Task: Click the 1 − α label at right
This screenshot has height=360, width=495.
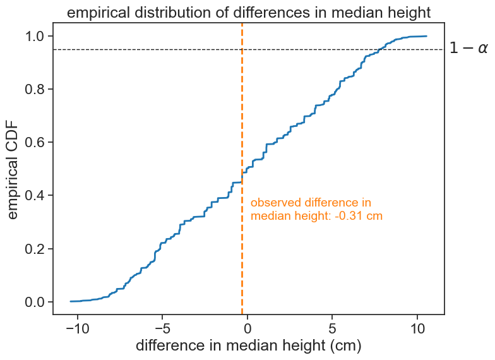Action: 468,49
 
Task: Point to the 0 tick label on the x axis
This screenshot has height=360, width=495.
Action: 247,330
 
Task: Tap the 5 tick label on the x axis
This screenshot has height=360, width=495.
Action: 332,330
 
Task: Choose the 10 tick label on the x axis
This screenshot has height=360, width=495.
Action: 417,330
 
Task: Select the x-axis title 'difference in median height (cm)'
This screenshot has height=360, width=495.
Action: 247,347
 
